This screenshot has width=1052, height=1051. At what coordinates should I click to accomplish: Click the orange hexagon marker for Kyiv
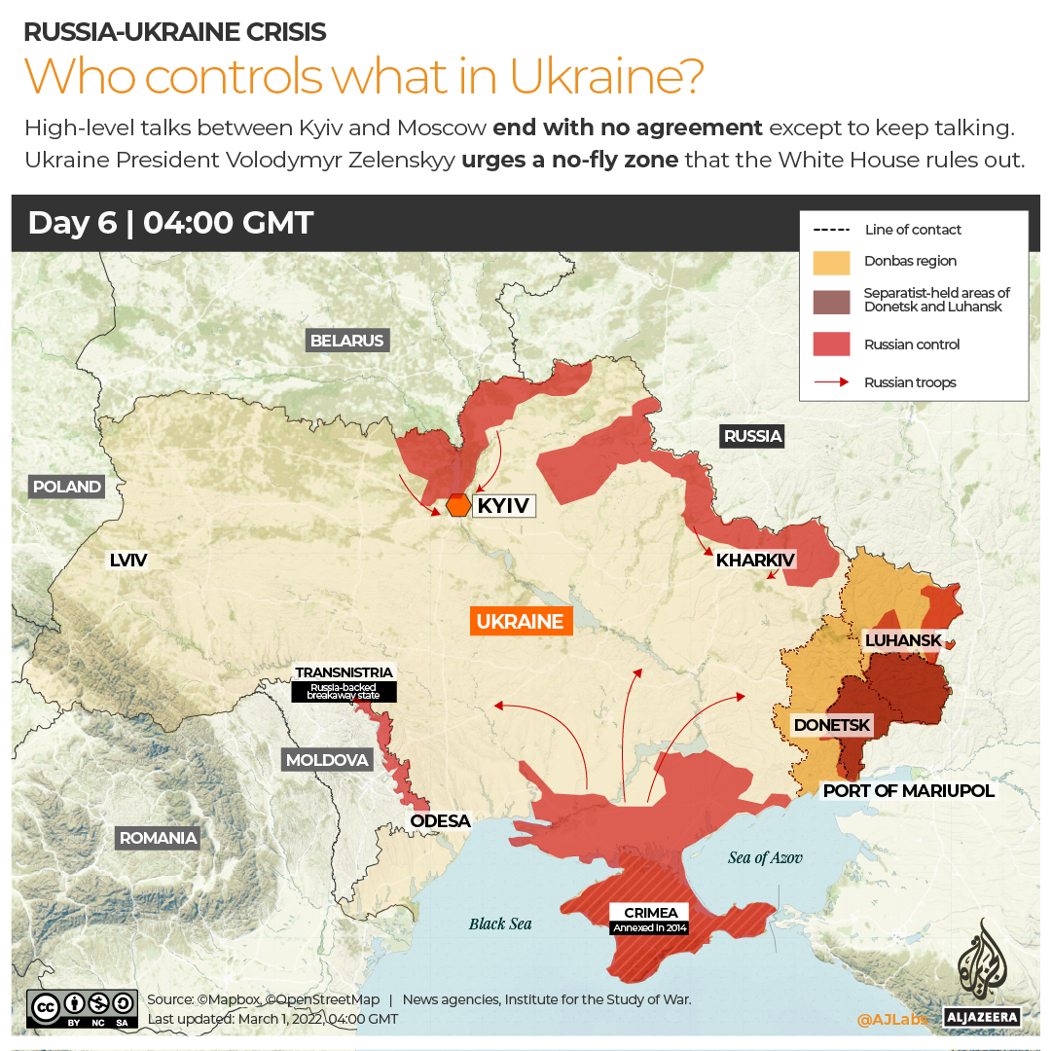click(458, 506)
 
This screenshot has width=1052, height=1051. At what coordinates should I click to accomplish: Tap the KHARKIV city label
click(756, 560)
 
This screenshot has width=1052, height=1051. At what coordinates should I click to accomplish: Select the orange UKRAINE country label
click(520, 621)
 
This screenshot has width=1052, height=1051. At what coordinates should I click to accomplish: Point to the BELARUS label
click(347, 341)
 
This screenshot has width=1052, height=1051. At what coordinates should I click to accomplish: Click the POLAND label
click(66, 487)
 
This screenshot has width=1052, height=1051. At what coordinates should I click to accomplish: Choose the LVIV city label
click(127, 560)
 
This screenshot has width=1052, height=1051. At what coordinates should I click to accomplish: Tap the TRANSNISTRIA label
click(345, 672)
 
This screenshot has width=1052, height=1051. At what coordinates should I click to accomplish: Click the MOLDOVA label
click(327, 760)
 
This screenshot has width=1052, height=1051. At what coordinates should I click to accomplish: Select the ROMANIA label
click(158, 837)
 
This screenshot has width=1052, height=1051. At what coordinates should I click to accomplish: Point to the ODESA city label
click(440, 820)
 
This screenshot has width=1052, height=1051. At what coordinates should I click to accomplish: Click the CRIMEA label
click(650, 913)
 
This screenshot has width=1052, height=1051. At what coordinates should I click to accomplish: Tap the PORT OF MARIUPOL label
click(909, 790)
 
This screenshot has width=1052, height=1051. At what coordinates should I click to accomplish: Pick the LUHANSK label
click(903, 639)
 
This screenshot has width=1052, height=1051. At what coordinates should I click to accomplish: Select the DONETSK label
click(832, 725)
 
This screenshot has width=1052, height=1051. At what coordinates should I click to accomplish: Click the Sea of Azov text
click(765, 857)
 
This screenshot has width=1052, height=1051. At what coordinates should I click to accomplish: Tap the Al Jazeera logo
click(981, 973)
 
